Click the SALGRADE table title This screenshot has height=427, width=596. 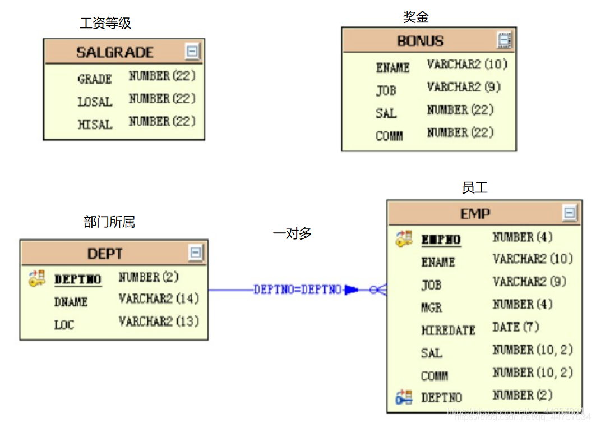tap(114, 53)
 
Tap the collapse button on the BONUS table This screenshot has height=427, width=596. tap(505, 40)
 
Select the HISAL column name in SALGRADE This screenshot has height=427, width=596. tap(95, 124)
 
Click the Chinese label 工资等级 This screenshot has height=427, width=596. tap(105, 23)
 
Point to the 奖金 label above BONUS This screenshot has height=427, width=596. tap(415, 17)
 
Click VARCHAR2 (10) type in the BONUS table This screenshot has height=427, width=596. tap(466, 65)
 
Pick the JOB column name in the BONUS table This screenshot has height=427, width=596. tap(386, 90)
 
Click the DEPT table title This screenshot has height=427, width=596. tap(105, 254)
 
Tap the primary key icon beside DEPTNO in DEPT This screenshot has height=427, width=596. tap(37, 278)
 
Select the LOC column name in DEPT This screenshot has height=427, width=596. tap(64, 325)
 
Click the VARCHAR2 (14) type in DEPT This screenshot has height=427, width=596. tap(159, 299)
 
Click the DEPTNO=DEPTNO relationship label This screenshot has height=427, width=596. tap(297, 290)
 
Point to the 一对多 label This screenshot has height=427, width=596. tap(292, 233)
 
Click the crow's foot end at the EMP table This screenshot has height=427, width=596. tap(380, 290)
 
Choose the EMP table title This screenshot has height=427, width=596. tap(475, 214)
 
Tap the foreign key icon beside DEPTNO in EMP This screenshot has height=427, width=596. tap(404, 397)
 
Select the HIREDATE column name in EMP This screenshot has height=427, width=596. tap(448, 330)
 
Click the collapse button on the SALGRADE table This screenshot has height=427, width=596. tap(192, 52)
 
